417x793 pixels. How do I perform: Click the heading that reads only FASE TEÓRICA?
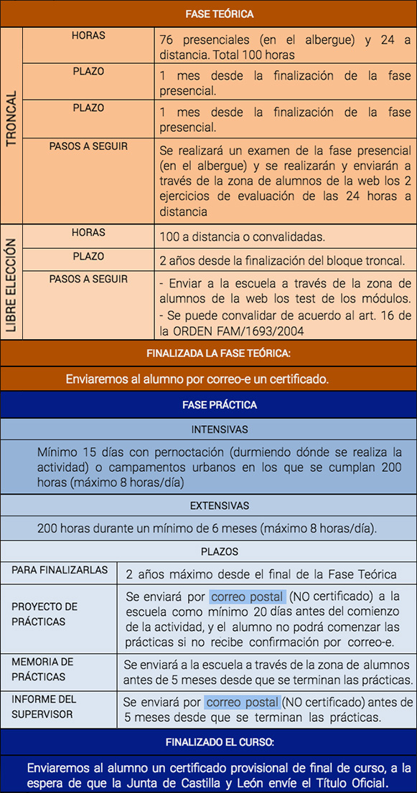click(219, 14)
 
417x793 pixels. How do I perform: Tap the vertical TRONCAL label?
click(11, 119)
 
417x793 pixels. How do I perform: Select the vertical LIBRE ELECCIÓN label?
click(11, 285)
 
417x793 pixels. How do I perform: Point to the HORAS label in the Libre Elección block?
click(88, 233)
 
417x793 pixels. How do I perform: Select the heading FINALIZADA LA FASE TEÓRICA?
click(218, 353)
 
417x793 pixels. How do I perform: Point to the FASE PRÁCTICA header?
click(219, 405)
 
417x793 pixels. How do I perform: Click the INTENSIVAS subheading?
click(220, 429)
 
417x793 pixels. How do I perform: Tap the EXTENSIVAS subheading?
click(220, 505)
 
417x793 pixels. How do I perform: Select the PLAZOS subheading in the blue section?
click(220, 552)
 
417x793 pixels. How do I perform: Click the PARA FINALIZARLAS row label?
click(60, 571)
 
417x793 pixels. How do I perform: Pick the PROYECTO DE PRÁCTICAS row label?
click(44, 614)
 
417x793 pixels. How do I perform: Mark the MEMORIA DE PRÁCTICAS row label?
click(42, 669)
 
